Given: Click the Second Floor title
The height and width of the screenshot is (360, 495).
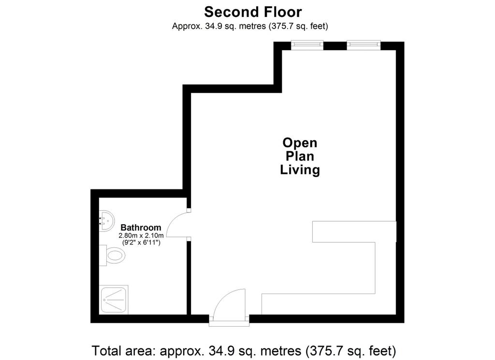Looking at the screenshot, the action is pyautogui.click(x=253, y=12).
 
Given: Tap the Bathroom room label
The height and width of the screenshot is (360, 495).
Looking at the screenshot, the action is pyautogui.click(x=141, y=228).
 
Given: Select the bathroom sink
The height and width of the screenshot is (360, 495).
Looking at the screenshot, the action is pyautogui.click(x=106, y=220).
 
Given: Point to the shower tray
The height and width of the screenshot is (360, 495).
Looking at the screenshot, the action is pyautogui.click(x=114, y=300).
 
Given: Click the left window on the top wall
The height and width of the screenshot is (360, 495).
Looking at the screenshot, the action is pyautogui.click(x=307, y=45).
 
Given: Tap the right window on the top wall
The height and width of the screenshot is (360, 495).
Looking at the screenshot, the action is pyautogui.click(x=364, y=45).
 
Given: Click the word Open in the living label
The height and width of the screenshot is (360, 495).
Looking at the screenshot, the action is pyautogui.click(x=300, y=143).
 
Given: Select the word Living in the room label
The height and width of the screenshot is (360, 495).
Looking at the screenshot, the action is pyautogui.click(x=300, y=170).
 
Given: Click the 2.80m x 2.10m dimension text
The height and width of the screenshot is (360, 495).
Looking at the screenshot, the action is pyautogui.click(x=141, y=236).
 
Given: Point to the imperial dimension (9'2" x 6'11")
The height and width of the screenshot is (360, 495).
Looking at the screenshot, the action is pyautogui.click(x=142, y=243).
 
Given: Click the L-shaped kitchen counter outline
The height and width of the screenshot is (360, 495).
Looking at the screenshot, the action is pyautogui.click(x=375, y=268).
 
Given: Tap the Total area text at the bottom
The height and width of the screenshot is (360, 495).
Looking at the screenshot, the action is pyautogui.click(x=244, y=351).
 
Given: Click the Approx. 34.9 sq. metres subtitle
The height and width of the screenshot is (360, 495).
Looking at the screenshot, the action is pyautogui.click(x=250, y=26).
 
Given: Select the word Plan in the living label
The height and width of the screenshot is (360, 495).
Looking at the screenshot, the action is pyautogui.click(x=300, y=157).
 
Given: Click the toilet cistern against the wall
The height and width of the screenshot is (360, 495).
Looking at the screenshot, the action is pyautogui.click(x=103, y=255).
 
